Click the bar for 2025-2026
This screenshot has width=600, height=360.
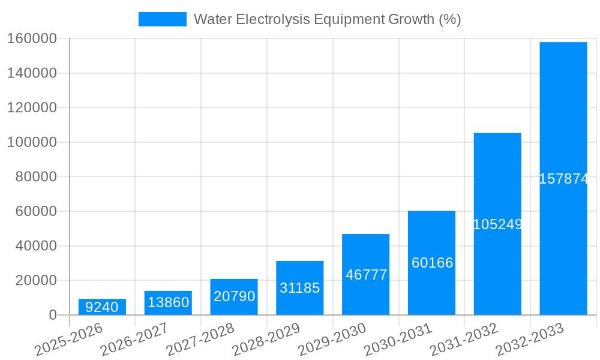click(x=102, y=307)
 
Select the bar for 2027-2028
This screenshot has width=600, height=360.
click(x=234, y=297)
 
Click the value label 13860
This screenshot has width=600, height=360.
click(x=168, y=302)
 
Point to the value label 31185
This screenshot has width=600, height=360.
click(x=300, y=288)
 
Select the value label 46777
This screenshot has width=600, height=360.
click(x=366, y=275)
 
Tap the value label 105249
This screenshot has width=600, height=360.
click(x=497, y=224)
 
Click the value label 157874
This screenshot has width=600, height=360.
click(x=563, y=179)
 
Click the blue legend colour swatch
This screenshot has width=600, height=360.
click(x=162, y=19)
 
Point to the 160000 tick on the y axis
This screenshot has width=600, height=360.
click(x=31, y=39)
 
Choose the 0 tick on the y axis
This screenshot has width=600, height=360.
click(x=52, y=315)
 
